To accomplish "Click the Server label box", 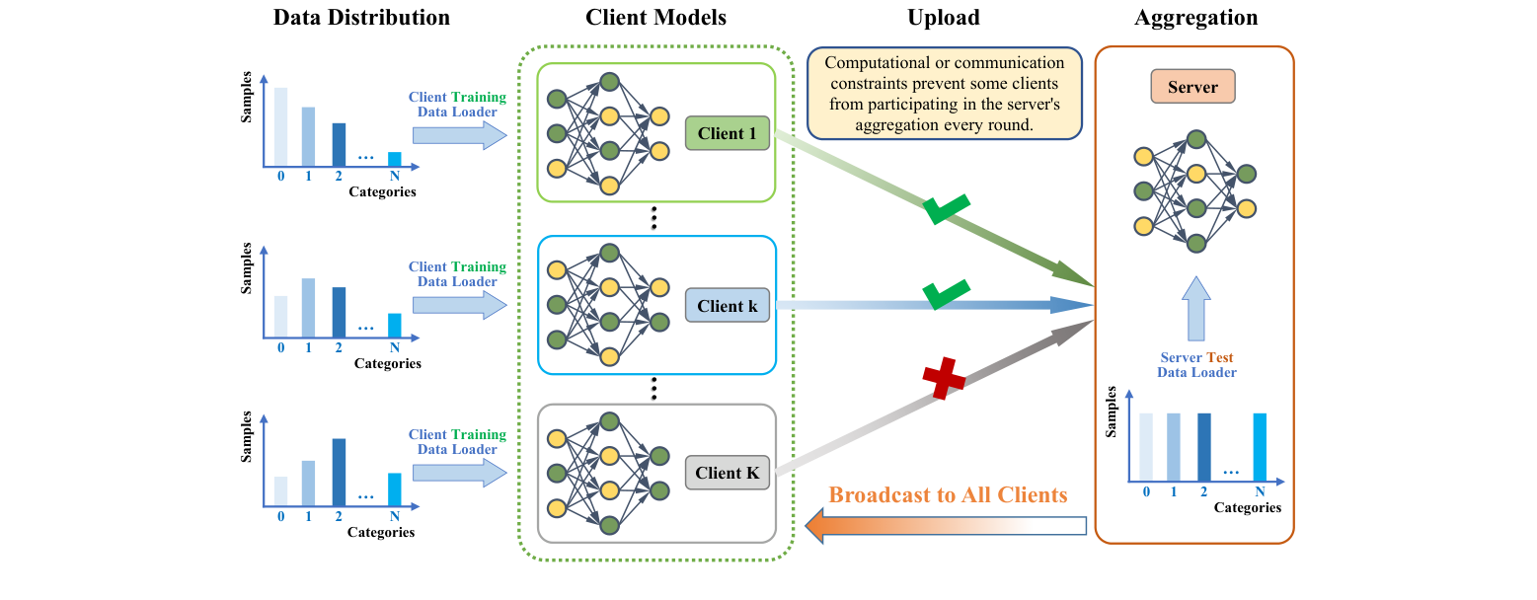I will tap(1192, 87).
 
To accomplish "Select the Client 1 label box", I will tap(727, 133).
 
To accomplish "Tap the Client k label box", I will tap(727, 306).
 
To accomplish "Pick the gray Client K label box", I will tap(727, 473).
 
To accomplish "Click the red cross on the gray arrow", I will tap(943, 380).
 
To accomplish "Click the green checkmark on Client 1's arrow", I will tap(946, 208).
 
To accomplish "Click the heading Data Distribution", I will tap(361, 18).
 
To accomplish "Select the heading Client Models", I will tap(655, 18).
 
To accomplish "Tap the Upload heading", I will tap(944, 18).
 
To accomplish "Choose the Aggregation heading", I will tap(1195, 18).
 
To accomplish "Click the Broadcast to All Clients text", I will tap(948, 495).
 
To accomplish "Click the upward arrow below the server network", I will tap(1195, 308).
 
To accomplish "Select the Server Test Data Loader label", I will tap(1195, 365).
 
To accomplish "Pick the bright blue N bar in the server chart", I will tap(1260, 444).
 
